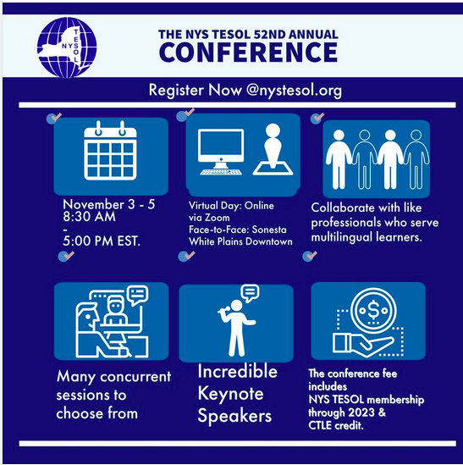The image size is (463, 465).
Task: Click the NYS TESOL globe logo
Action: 67,47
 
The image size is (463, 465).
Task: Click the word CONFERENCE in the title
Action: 248,53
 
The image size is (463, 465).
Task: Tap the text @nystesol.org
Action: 294,91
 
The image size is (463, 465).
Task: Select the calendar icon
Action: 110,151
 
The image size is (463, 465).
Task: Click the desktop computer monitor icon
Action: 221,152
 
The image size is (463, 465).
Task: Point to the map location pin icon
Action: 273,149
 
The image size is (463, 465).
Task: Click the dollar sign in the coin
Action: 373,310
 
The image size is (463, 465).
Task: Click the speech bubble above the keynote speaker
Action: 251,293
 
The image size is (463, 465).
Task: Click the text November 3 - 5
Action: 109,205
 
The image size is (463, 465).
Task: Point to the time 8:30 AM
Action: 89,217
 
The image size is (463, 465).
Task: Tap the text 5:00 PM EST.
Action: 102,241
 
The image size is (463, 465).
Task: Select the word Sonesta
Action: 269,230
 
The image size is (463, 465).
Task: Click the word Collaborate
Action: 340,208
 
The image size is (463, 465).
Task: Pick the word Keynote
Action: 230,394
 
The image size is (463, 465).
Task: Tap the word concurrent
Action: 135,377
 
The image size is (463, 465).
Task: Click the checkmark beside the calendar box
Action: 54,118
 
